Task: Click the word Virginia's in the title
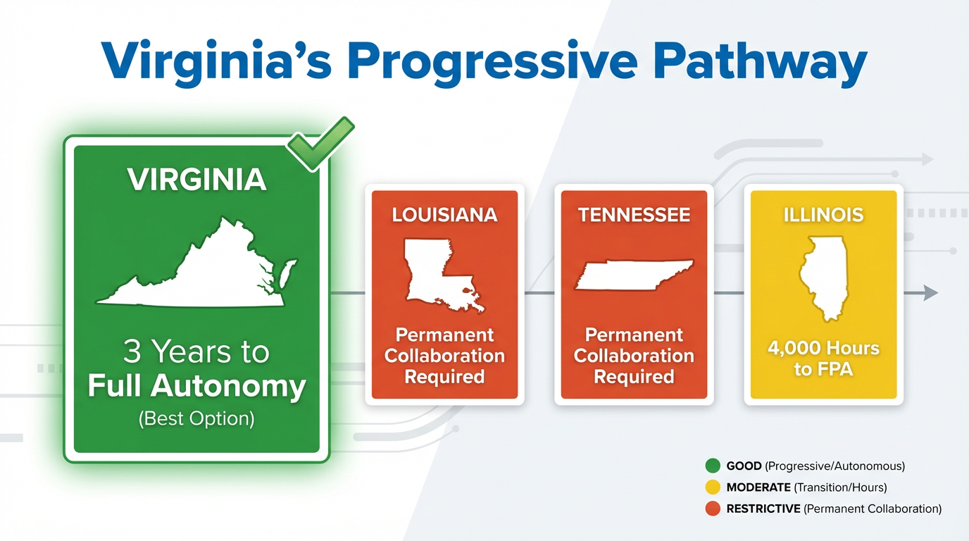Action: pos(216,61)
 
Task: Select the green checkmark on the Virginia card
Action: pos(320,144)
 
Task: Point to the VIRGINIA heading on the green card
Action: pos(197,180)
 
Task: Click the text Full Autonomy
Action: pos(197,386)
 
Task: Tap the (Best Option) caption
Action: pos(197,419)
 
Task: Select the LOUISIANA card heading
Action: pos(444,215)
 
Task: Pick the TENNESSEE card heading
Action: pos(634,215)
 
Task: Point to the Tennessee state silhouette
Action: pos(634,275)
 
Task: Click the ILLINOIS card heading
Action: pos(824,215)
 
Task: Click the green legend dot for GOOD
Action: pos(713,466)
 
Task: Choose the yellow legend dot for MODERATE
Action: pos(713,487)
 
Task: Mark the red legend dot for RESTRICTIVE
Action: pos(713,509)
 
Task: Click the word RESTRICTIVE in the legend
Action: pos(763,509)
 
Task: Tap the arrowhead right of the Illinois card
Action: pos(930,293)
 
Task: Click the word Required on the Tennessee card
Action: pos(634,377)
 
